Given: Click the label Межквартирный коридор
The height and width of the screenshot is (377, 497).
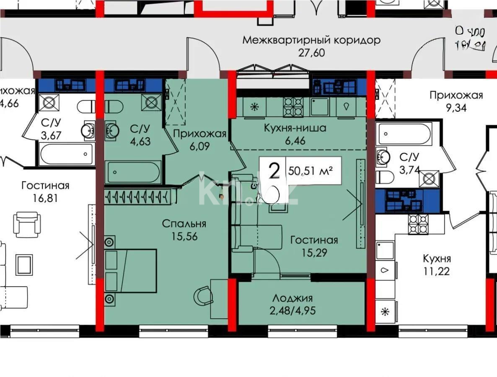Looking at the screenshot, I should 312,41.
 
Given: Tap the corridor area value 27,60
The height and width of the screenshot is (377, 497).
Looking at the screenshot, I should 312,53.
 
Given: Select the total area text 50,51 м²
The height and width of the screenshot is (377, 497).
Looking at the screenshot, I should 311,171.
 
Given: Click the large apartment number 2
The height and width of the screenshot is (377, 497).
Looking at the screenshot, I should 274,171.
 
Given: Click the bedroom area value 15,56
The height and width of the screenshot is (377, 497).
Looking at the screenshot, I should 184,236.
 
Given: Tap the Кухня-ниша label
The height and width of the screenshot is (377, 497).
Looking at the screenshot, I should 295,128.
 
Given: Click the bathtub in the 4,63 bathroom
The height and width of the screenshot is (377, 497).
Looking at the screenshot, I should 132,172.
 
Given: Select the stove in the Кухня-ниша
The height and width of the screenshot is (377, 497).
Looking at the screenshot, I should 293,106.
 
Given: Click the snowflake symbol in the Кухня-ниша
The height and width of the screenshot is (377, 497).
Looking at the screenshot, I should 254,106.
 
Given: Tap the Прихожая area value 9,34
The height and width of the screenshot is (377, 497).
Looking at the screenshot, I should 456,108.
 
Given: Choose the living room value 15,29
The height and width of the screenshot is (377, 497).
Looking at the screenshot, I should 314,253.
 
